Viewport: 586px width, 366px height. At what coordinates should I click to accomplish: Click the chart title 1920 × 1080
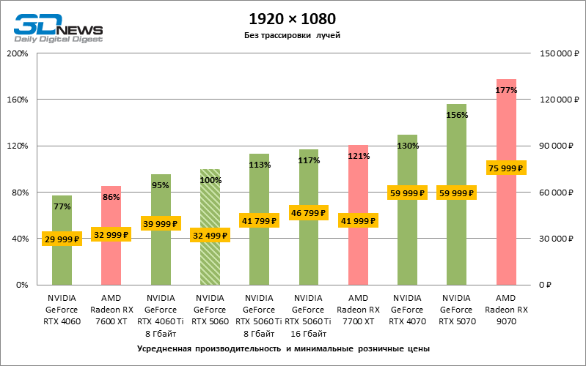(293, 18)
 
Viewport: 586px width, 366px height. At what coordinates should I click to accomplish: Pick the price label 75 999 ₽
(506, 168)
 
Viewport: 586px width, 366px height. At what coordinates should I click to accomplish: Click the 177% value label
(506, 90)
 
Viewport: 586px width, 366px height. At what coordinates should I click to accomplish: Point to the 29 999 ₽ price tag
(62, 239)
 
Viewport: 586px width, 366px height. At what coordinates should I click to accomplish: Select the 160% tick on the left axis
(17, 100)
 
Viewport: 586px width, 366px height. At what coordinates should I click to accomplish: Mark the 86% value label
(111, 197)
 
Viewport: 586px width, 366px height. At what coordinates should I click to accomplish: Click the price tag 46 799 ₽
(309, 213)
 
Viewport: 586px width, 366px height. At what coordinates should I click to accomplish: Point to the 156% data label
(457, 115)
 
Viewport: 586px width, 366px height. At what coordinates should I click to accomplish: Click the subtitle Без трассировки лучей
(293, 35)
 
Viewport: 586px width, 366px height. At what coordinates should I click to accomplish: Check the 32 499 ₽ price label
(210, 236)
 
